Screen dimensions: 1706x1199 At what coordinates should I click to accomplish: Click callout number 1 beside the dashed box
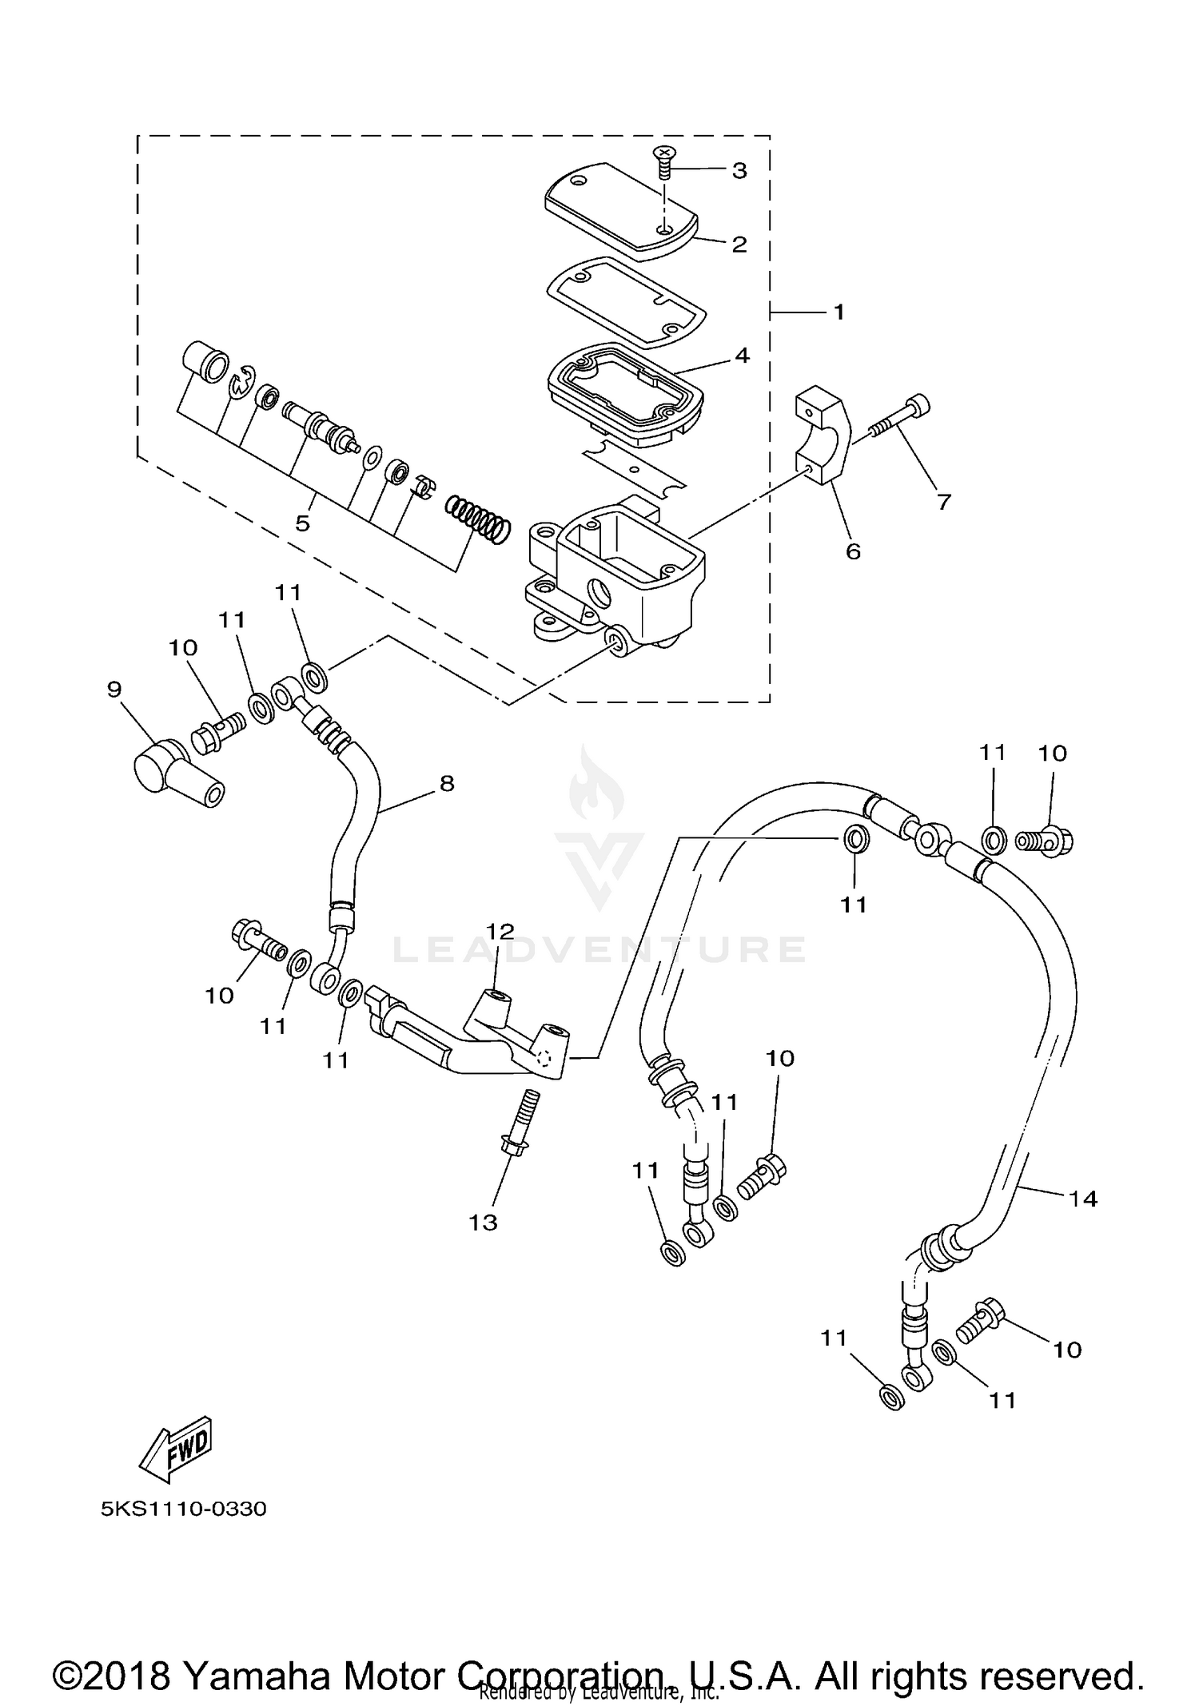pyautogui.click(x=839, y=312)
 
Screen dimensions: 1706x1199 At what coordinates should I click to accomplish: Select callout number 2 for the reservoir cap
pyautogui.click(x=739, y=245)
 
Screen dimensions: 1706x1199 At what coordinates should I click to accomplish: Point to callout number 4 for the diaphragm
pyautogui.click(x=742, y=355)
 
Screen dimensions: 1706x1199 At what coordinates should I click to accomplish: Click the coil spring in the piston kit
pyautogui.click(x=477, y=519)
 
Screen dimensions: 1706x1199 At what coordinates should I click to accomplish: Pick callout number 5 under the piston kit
pyautogui.click(x=302, y=524)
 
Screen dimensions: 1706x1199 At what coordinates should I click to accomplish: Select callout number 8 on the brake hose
pyautogui.click(x=447, y=783)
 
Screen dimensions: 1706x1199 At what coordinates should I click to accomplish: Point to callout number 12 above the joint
pyautogui.click(x=500, y=932)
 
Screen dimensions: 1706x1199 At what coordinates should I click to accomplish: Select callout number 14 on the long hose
pyautogui.click(x=1084, y=1198)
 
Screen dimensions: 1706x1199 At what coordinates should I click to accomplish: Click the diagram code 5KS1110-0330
pyautogui.click(x=183, y=1509)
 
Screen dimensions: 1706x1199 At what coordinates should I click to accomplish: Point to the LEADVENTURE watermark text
pyautogui.click(x=599, y=950)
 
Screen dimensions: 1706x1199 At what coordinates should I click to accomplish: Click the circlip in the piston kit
pyautogui.click(x=242, y=382)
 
